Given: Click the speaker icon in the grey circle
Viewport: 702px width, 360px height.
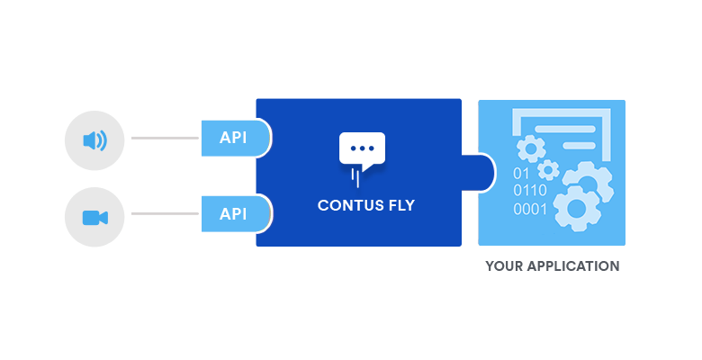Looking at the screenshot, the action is click(x=94, y=140).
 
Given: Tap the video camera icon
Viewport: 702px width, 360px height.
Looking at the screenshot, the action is click(x=95, y=218).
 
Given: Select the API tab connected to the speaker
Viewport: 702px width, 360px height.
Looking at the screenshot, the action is click(x=236, y=138).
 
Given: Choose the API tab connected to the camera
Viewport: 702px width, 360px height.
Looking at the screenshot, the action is click(x=236, y=213).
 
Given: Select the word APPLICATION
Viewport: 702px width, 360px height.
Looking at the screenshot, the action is click(x=573, y=266).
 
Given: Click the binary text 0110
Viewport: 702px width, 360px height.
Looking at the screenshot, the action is click(x=530, y=191).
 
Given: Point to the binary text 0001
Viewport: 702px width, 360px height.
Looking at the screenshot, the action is click(x=530, y=209).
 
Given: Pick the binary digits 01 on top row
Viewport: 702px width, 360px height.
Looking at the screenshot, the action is click(x=521, y=174).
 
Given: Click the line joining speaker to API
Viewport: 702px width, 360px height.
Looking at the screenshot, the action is click(x=165, y=138).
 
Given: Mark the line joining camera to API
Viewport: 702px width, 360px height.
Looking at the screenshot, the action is click(x=165, y=213).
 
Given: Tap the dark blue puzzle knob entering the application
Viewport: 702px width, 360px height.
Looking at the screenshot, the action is click(x=478, y=173).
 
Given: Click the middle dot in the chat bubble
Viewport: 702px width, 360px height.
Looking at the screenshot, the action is click(x=362, y=148).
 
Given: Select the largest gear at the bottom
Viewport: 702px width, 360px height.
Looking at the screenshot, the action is click(x=576, y=208).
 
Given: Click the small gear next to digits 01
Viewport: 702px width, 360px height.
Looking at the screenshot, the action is click(x=548, y=170).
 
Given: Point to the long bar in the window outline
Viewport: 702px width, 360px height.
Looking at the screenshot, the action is click(x=565, y=130).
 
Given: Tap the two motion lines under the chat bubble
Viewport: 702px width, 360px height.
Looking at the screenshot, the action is click(x=355, y=178).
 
